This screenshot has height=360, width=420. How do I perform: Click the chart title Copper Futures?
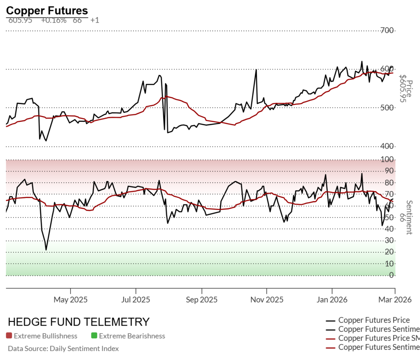click(x=47, y=11)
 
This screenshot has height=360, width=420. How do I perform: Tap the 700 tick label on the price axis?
click(x=387, y=30)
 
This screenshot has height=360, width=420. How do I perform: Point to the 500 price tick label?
click(x=387, y=108)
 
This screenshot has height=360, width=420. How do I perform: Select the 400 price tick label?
click(x=387, y=146)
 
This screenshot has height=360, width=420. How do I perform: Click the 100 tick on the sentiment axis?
click(x=387, y=159)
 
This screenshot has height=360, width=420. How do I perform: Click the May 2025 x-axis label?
click(x=71, y=300)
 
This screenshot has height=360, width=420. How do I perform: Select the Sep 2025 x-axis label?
click(x=201, y=300)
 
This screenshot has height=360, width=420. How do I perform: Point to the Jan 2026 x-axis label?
click(x=332, y=300)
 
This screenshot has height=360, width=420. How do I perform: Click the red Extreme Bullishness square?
click(x=9, y=336)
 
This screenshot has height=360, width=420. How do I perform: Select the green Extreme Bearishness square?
click(x=94, y=336)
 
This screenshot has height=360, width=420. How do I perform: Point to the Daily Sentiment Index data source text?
click(x=63, y=349)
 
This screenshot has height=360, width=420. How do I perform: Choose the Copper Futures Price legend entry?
click(x=374, y=320)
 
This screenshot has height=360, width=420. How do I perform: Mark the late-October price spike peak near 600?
click(x=256, y=70)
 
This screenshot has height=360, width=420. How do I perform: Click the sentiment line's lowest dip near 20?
click(x=46, y=250)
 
